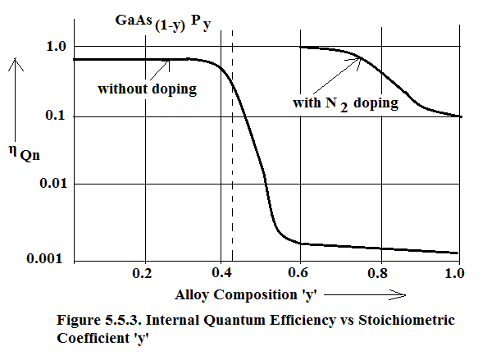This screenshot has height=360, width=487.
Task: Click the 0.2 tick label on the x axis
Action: [x=142, y=273]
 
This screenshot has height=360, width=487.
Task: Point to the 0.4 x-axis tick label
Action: [x=221, y=272]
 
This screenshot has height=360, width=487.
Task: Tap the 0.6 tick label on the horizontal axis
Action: [x=298, y=272]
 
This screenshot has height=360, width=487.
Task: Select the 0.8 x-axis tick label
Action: [x=377, y=273]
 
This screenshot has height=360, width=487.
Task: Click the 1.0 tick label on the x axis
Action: [x=454, y=273]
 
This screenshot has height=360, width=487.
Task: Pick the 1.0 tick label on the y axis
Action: [x=57, y=46]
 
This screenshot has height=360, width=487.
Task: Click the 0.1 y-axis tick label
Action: [x=55, y=116]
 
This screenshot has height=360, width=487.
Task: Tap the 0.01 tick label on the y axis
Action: [x=53, y=183]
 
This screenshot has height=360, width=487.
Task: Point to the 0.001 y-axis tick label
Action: [x=45, y=258]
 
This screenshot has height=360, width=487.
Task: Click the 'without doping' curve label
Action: [x=148, y=89]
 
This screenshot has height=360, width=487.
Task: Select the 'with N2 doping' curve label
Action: [x=345, y=103]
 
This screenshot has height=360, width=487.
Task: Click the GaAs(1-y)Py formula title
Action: [x=163, y=22]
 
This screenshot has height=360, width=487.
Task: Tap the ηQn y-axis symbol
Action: [x=25, y=153]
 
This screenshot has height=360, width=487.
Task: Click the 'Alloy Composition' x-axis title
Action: [x=246, y=294]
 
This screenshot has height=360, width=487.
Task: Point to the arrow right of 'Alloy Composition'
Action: [x=365, y=294]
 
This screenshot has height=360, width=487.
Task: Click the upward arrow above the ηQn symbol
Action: [x=16, y=99]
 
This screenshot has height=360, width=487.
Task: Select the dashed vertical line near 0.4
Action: [x=232, y=146]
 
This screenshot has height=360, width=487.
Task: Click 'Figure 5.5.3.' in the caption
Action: [x=99, y=321]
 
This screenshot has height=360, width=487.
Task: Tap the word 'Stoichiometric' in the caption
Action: [x=407, y=320]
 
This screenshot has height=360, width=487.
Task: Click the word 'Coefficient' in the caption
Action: [x=93, y=338]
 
